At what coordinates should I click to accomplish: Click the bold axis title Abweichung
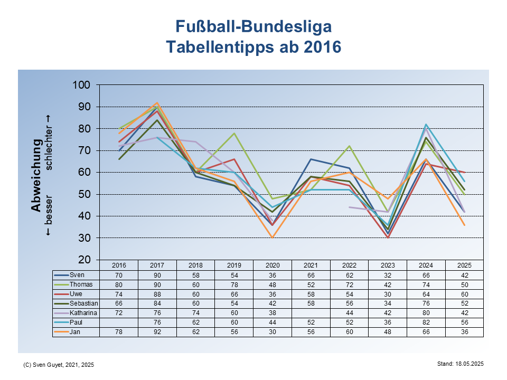pos(36,175)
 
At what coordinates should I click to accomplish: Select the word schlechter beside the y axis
pos(49,142)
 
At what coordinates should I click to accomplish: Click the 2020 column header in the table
pos(273,265)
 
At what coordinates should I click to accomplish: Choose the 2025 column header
pos(465,265)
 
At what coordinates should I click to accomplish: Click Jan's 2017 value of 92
pos(157,332)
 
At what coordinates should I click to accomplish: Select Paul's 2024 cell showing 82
pos(426,322)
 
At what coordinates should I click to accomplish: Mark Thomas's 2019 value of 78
pos(234,284)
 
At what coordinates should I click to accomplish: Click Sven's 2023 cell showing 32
pos(388,275)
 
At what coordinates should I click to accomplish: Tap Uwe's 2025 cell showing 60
pos(465,294)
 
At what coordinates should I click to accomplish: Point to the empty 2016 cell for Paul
pos(119,322)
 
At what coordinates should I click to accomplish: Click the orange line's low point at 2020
pos(273,237)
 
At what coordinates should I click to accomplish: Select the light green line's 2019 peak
pos(234,133)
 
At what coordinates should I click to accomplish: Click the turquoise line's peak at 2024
pos(426,125)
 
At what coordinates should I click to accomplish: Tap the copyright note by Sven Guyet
pos(59,365)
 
